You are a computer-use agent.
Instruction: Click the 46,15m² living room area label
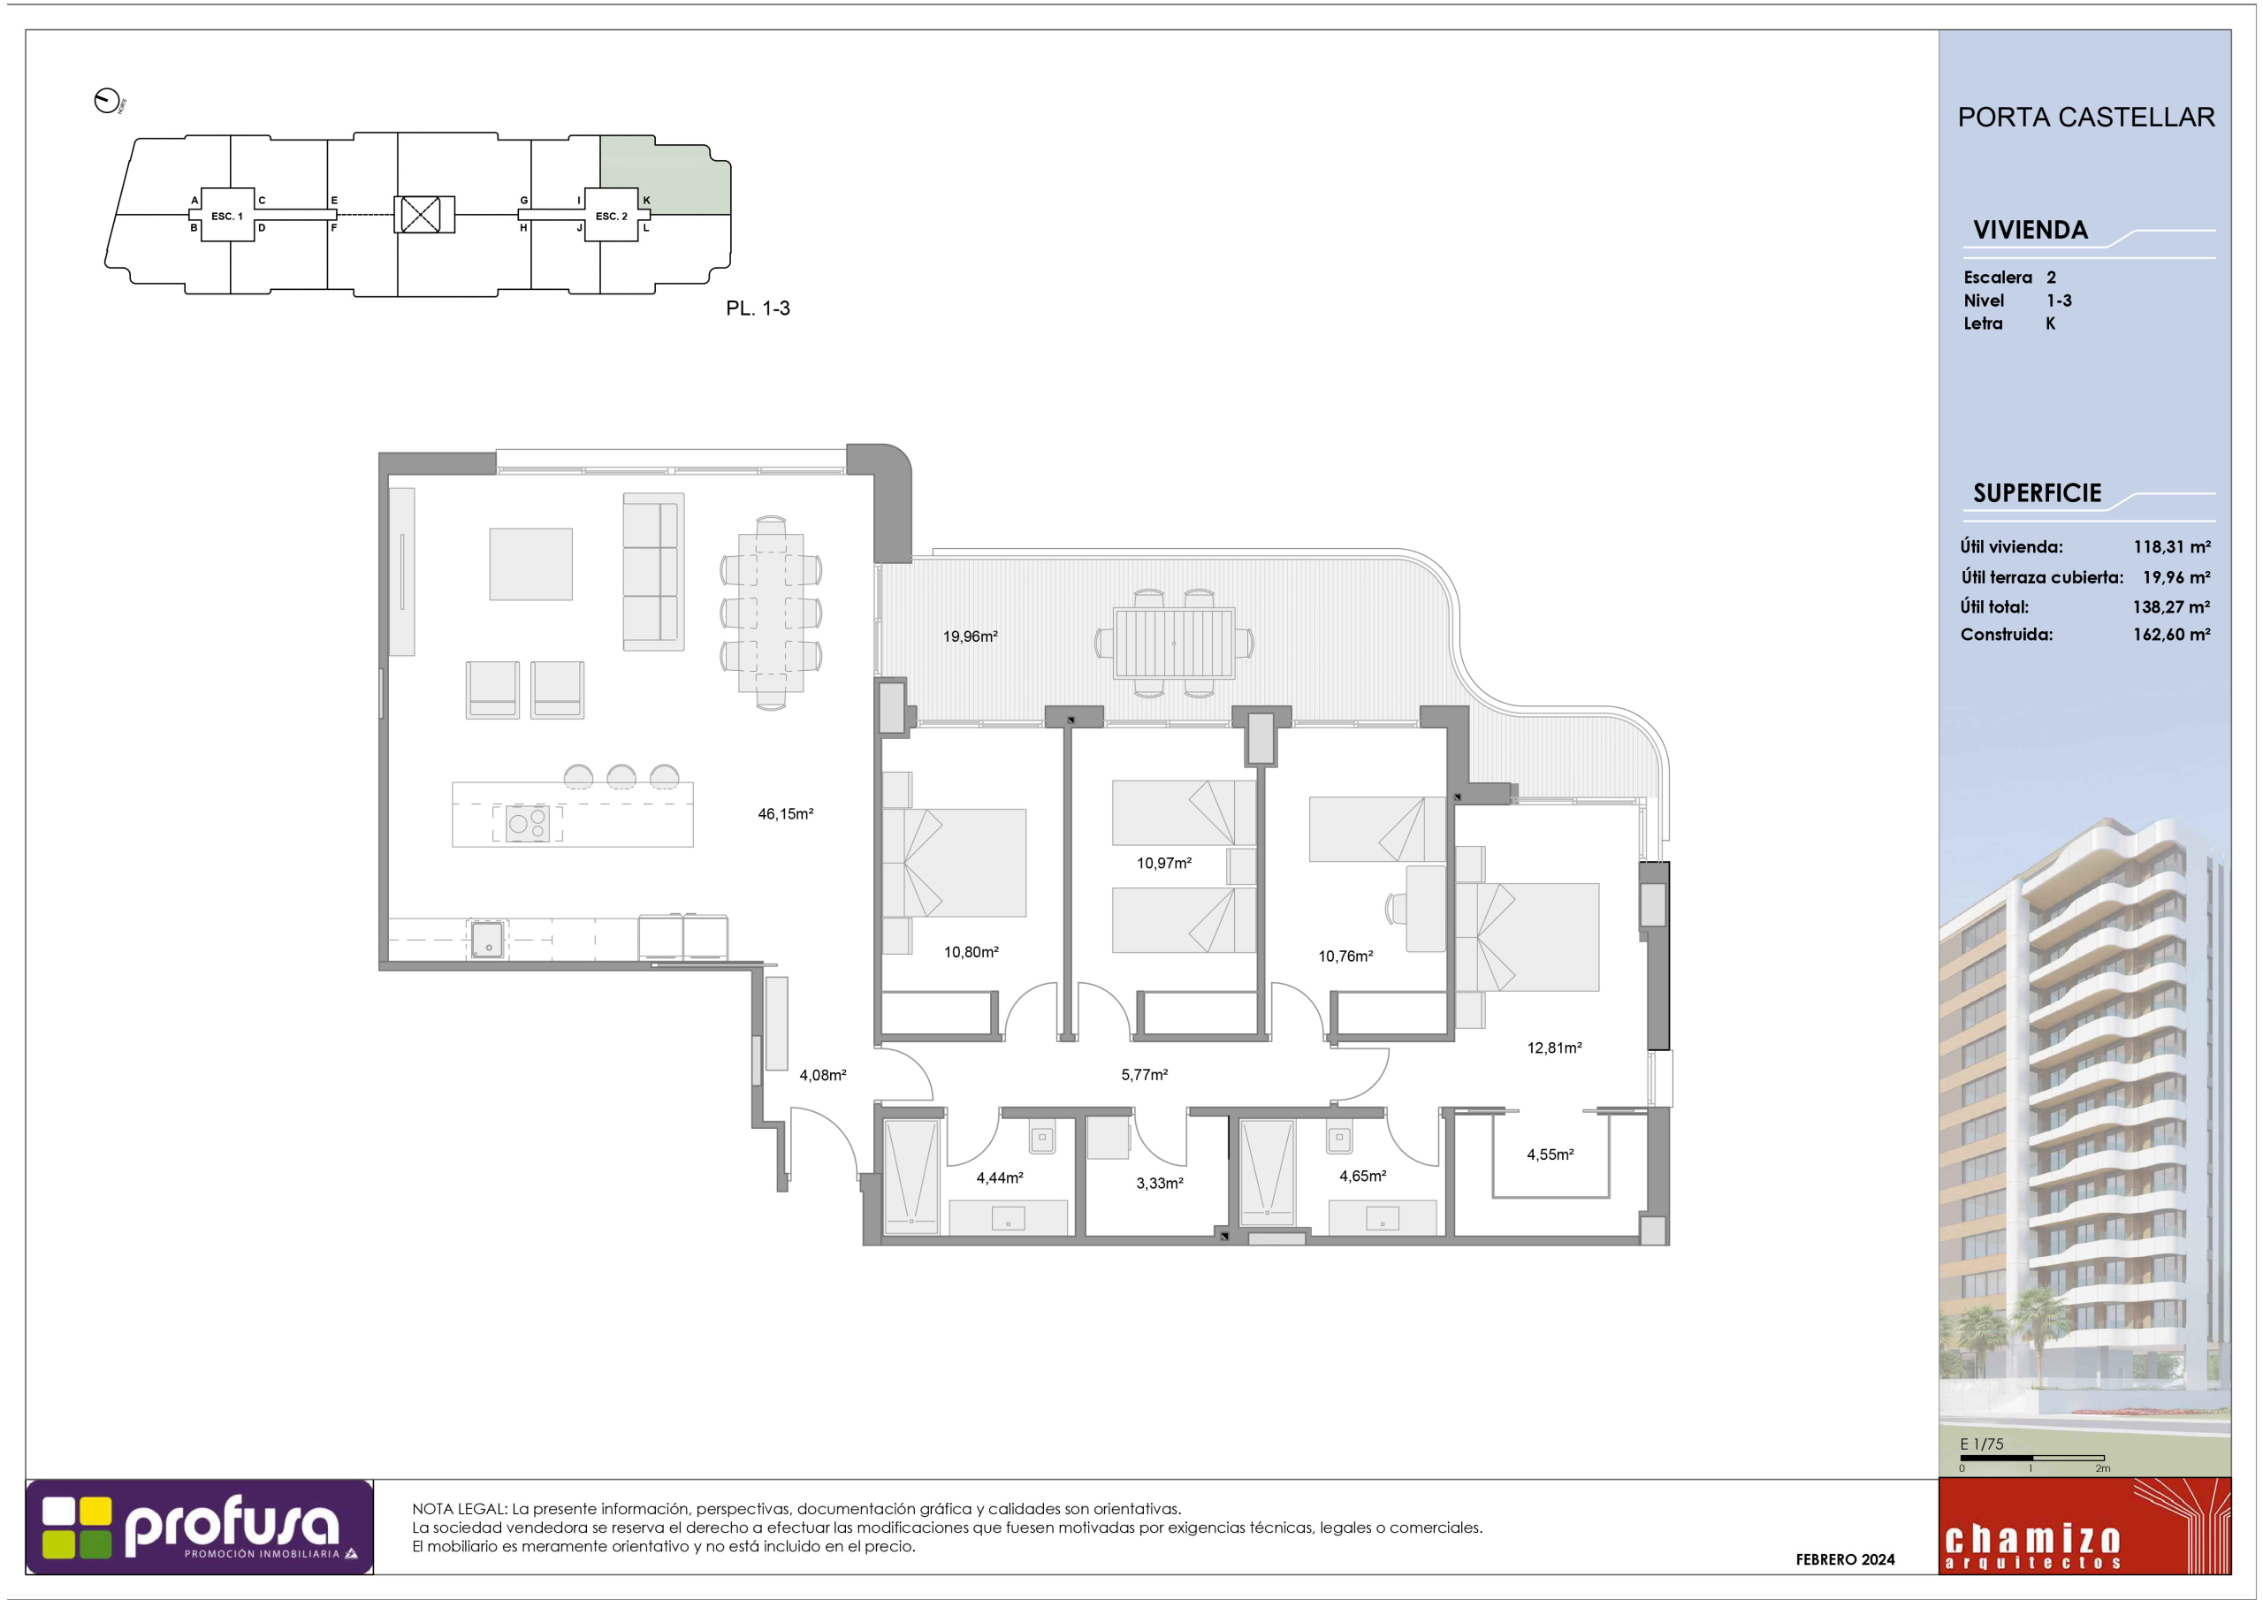pos(786,813)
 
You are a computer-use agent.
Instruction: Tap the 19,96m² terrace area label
pos(970,636)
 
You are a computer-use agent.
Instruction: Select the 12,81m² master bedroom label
pos(1554,1047)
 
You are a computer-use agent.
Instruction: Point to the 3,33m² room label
pos(1159,1183)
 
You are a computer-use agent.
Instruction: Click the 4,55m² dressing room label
pos(1551,1154)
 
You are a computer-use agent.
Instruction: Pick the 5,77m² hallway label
pos(1144,1075)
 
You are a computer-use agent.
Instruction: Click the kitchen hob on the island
pos(528,823)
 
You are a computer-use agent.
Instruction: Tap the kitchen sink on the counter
pos(488,940)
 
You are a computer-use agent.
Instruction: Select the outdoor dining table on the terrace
pos(1174,644)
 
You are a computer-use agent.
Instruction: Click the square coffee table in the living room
pos(531,564)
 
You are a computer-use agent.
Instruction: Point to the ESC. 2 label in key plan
pos(611,216)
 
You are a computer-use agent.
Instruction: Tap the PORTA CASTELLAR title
pos(2085,118)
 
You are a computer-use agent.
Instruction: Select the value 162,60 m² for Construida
pos(2171,635)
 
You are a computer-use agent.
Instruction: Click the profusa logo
pos(200,1526)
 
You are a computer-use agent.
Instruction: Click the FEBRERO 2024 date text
pos(1845,1559)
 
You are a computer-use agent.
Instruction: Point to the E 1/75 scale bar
pos(2032,1457)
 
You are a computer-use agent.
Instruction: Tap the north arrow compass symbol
pos(106,101)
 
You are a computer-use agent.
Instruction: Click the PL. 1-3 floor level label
pos(758,309)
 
